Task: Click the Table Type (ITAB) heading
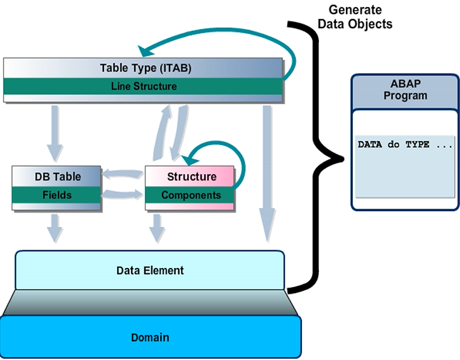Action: [x=146, y=68]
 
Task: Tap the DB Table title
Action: [x=57, y=177]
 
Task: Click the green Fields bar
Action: [x=56, y=195]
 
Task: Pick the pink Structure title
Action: [x=192, y=177]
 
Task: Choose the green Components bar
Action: [x=191, y=195]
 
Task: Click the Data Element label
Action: [x=150, y=270]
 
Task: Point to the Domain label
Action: [x=150, y=337]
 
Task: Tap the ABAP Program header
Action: [x=405, y=91]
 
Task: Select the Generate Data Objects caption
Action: [x=355, y=17]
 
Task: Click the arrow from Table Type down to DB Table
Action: [x=55, y=132]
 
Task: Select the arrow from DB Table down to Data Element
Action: [x=55, y=227]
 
